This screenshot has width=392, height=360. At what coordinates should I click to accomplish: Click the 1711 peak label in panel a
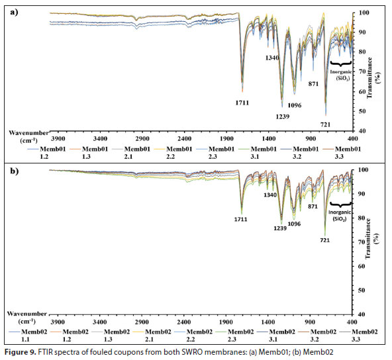tap(242, 103)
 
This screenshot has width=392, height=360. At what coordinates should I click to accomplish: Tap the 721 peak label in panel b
tap(324, 240)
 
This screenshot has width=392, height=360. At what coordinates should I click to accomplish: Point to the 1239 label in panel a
tap(283, 116)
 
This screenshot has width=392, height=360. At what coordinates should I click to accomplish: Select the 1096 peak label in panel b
tap(294, 224)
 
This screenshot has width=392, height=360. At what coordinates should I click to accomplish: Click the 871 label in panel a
tap(313, 84)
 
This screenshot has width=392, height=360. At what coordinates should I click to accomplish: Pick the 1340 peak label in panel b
tap(270, 195)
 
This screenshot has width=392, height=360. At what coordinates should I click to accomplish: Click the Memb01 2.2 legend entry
tap(175, 153)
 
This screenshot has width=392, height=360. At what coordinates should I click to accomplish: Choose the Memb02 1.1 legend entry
tap(28, 336)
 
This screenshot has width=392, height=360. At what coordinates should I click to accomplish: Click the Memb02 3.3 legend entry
tap(361, 336)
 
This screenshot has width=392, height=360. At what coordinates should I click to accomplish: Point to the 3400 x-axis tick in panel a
tap(100, 139)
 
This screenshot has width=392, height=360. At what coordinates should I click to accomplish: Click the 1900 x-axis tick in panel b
tap(226, 322)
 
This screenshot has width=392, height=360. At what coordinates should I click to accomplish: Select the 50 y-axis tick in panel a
tap(362, 111)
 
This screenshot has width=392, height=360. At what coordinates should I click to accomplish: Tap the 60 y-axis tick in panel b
tap(362, 266)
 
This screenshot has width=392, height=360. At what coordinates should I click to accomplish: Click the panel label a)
tap(15, 12)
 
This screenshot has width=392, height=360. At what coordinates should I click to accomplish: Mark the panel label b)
tap(15, 171)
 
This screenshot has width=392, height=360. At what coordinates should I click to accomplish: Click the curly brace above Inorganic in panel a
tap(341, 64)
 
